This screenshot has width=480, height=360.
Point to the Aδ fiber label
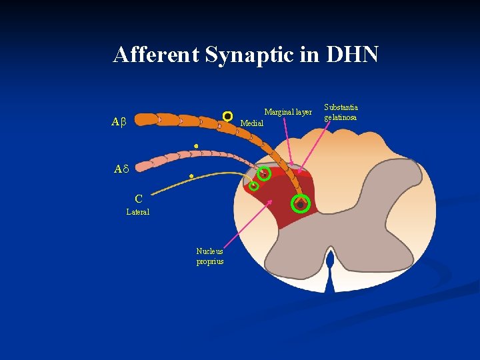[120, 169]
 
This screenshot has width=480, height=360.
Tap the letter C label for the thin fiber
[138, 199]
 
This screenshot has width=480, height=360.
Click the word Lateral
[138, 212]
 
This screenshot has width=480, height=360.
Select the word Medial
[252, 123]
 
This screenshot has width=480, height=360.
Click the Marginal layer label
[288, 112]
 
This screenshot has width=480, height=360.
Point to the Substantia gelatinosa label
[341, 112]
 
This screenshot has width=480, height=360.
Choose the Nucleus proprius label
[209, 256]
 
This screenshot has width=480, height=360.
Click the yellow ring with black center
[227, 116]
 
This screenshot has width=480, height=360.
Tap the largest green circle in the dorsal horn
[301, 203]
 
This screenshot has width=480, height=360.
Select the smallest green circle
[254, 187]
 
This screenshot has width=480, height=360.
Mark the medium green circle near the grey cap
[265, 175]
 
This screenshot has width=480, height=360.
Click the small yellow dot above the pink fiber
[196, 145]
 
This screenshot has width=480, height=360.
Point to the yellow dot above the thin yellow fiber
[192, 177]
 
